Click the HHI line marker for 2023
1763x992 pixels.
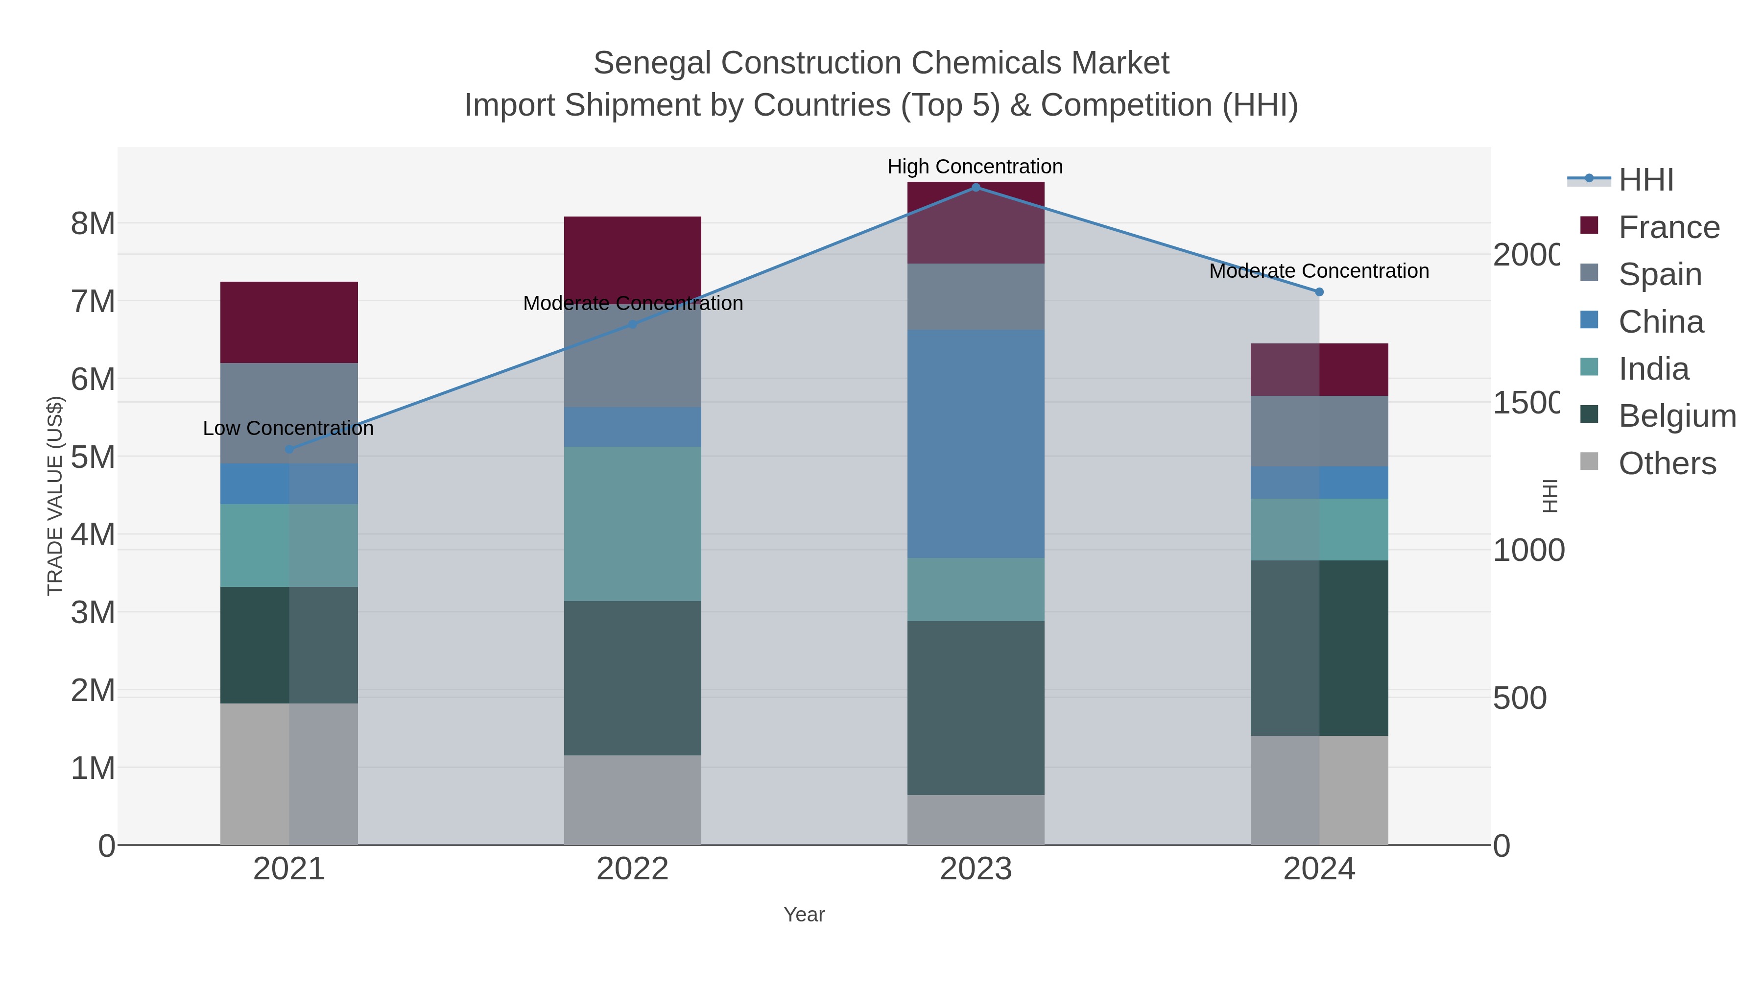[x=976, y=188]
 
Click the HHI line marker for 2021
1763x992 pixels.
[x=289, y=449]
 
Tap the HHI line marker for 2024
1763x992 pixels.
[x=1319, y=291]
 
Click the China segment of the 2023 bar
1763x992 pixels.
[x=976, y=444]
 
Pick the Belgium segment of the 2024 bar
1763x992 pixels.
[x=1319, y=648]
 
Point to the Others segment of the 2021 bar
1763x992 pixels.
[x=289, y=774]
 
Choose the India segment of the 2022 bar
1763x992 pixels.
[x=632, y=524]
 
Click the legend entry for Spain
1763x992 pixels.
[x=1659, y=274]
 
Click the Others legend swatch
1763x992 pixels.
[x=1589, y=462]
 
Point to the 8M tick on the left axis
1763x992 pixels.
[x=93, y=224]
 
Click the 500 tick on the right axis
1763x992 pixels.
[x=1519, y=698]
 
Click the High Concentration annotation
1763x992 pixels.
[x=975, y=167]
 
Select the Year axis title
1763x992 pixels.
[x=804, y=915]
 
